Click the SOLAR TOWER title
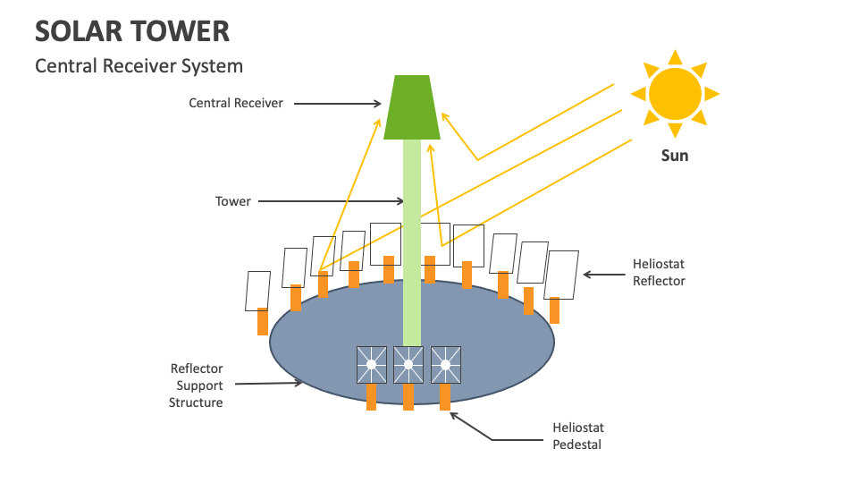(132, 30)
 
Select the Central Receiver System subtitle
(139, 66)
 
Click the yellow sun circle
(675, 93)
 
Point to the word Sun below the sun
(675, 156)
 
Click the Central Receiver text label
(236, 103)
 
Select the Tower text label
(233, 201)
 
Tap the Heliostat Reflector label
(659, 272)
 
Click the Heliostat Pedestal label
(576, 436)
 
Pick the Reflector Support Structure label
(197, 386)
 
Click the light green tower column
(411, 241)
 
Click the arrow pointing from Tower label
(331, 201)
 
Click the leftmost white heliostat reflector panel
(257, 291)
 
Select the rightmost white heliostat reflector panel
(561, 275)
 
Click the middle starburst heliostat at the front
(408, 365)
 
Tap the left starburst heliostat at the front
(371, 365)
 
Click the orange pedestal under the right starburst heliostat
(445, 396)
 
